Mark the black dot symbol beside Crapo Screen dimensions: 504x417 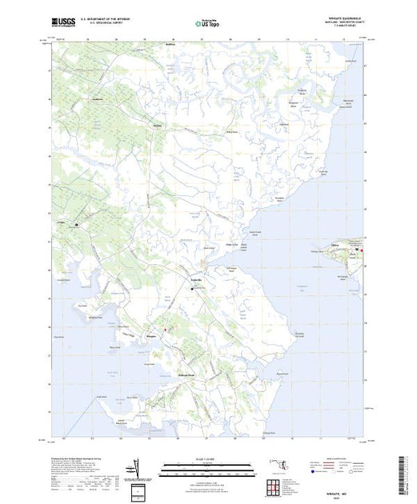(x=77, y=225)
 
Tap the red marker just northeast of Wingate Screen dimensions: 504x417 (x=166, y=329)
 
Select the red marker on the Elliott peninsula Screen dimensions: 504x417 (x=361, y=254)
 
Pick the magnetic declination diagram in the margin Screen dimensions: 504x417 (x=138, y=466)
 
